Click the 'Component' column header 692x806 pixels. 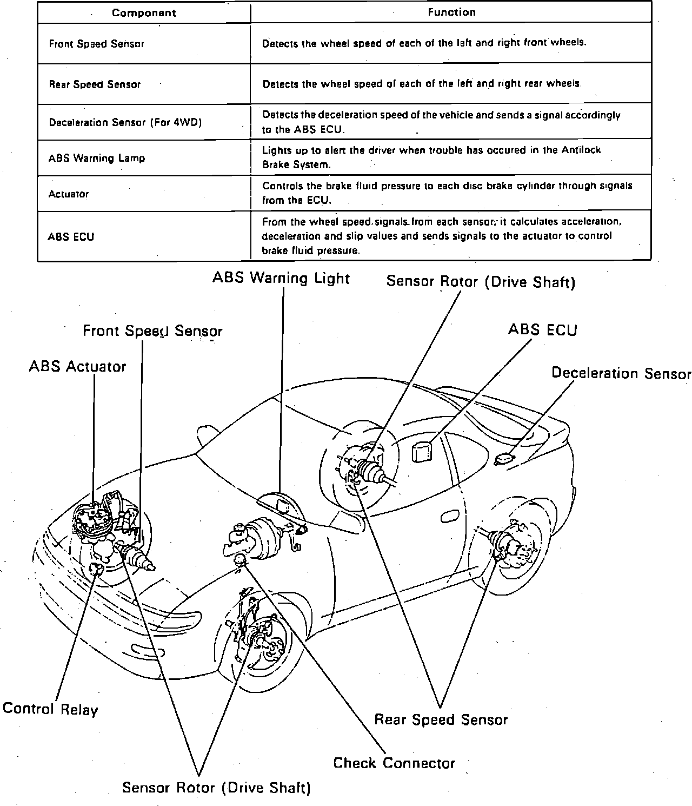[144, 13]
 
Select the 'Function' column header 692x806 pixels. [451, 12]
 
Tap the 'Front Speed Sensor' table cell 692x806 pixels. [97, 44]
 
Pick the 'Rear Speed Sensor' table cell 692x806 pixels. [95, 84]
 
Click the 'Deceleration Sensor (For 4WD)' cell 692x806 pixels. [125, 122]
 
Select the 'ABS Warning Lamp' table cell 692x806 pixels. [97, 158]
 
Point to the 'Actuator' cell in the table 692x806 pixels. [69, 194]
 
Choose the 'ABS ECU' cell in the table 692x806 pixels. [71, 236]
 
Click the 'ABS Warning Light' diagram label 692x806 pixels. [281, 278]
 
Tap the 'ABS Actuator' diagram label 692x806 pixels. [77, 366]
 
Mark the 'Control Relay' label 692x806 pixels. [50, 709]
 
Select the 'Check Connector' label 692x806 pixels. [394, 763]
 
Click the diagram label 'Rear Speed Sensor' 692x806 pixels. [441, 719]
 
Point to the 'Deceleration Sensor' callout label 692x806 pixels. [621, 373]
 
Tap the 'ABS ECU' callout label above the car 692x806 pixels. [542, 329]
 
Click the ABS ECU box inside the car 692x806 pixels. [422, 452]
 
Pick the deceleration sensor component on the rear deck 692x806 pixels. [503, 459]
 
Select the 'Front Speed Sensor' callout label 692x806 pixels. [152, 331]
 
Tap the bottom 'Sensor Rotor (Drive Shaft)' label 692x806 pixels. [216, 787]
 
